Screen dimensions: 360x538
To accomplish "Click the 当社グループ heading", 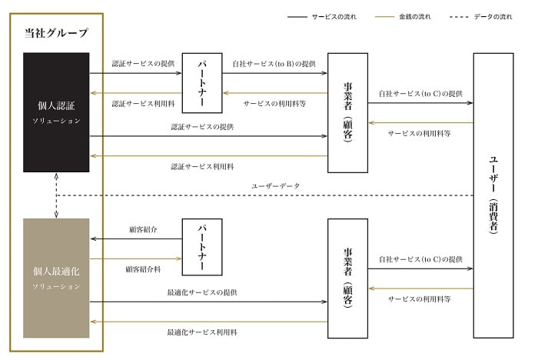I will pyautogui.click(x=55, y=33).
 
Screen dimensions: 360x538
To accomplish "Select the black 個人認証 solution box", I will pyautogui.click(x=56, y=112).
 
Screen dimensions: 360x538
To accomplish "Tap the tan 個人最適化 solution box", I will pyautogui.click(x=56, y=278).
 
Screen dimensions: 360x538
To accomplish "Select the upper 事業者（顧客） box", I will pyautogui.click(x=347, y=112).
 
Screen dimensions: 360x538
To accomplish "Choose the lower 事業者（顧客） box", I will pyautogui.click(x=347, y=278).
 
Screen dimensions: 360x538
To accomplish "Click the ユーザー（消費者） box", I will pyautogui.click(x=493, y=195).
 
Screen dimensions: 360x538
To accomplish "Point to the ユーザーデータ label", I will pyautogui.click(x=274, y=186).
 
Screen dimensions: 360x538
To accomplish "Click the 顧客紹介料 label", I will pyautogui.click(x=142, y=269).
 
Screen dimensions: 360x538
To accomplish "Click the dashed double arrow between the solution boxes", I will pyautogui.click(x=56, y=195).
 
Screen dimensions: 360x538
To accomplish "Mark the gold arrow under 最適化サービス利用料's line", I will pyautogui.click(x=208, y=322).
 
